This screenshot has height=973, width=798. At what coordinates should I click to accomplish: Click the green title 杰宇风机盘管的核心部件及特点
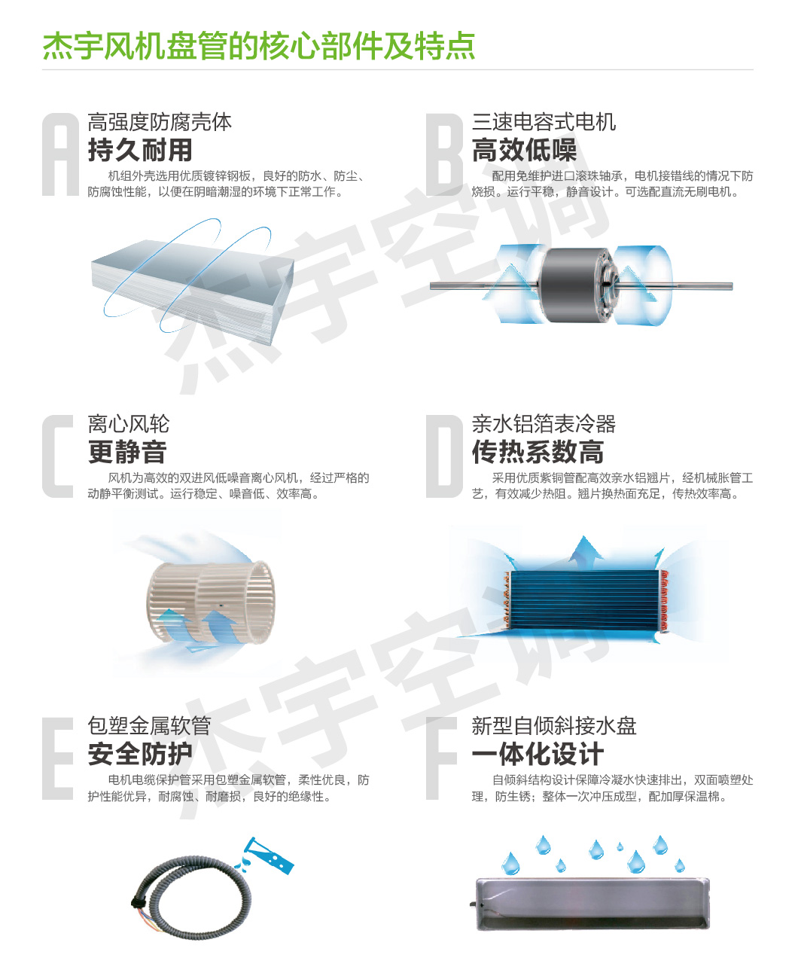tap(259, 46)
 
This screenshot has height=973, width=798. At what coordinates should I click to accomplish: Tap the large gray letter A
tap(60, 154)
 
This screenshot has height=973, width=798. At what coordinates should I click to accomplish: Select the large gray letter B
tap(444, 154)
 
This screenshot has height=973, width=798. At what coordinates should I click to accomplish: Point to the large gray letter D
tap(444, 456)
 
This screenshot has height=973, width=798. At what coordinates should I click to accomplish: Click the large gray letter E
tap(58, 758)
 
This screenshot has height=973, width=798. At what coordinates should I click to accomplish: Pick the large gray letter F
tap(441, 758)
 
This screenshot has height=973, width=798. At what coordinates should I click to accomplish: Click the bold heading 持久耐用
tap(140, 150)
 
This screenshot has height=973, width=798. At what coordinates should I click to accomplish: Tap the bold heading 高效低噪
tap(524, 150)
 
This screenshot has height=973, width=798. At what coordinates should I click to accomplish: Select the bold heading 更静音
tap(127, 452)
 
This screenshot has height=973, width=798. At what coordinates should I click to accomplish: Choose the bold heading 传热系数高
tap(538, 452)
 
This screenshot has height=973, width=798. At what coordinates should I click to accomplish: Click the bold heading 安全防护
tap(140, 754)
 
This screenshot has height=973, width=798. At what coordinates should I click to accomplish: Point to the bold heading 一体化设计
tap(538, 754)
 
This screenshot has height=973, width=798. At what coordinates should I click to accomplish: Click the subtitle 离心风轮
tap(129, 423)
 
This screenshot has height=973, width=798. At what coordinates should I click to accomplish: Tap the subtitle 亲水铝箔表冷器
tap(544, 423)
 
